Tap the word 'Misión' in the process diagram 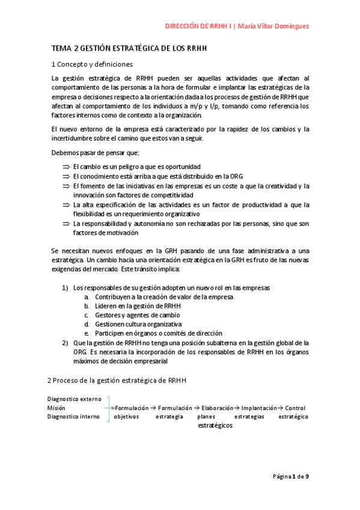coord(57,408)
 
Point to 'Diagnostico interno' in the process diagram coord(74,416)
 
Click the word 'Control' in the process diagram coord(295,408)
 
